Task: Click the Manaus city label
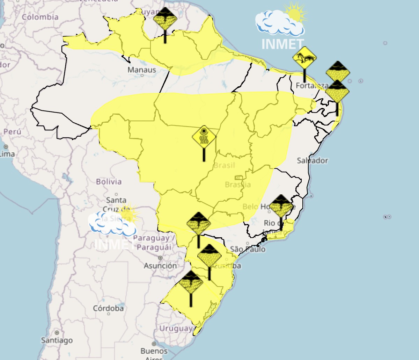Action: coord(141,70)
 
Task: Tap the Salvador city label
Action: coord(312,161)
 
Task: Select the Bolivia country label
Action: coord(109,182)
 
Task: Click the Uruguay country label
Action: coord(176,329)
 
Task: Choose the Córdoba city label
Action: coord(108,309)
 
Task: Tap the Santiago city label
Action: coord(57,340)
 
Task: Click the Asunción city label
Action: coord(160,266)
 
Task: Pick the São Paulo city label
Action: coord(248,249)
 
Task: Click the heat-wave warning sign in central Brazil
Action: coord(204,138)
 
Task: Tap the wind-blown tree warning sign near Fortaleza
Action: coord(304,59)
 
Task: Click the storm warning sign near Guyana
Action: coord(165,19)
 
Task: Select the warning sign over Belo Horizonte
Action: coord(281,207)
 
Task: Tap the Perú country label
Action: coord(12,132)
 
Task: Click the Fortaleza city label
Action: coord(311,86)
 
